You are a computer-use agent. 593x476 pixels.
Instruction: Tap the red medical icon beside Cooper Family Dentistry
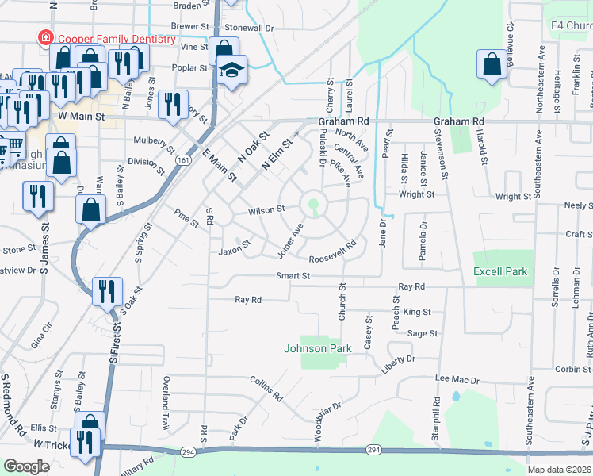click(46, 38)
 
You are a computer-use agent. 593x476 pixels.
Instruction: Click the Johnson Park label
click(317, 348)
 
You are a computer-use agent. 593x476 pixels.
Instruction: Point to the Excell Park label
click(500, 271)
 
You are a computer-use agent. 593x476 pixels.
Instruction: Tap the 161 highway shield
click(183, 160)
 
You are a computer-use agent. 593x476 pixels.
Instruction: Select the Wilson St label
click(266, 210)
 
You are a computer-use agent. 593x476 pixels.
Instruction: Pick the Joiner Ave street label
click(291, 240)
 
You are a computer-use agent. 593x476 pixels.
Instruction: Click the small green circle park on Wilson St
click(314, 204)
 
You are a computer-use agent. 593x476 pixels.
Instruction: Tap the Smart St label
click(292, 275)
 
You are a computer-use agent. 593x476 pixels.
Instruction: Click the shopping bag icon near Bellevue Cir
click(492, 66)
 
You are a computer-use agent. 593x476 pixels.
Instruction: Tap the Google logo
click(26, 466)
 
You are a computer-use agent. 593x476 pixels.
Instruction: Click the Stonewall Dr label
click(249, 27)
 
